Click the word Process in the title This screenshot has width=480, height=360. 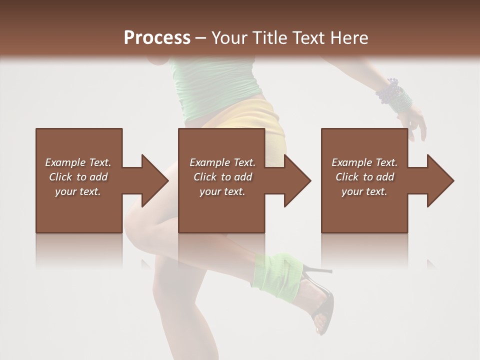tap(157, 38)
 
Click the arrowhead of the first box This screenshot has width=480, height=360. tap(155, 180)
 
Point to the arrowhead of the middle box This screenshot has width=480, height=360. tap(297, 180)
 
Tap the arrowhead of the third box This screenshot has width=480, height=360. tap(440, 180)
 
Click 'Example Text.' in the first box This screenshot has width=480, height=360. tap(78, 162)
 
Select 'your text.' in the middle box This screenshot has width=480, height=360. tap(222, 191)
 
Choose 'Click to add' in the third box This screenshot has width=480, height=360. tap(364, 177)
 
